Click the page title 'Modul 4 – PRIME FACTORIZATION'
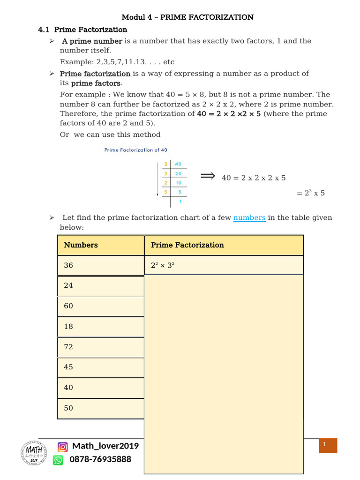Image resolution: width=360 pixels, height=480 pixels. [187, 17]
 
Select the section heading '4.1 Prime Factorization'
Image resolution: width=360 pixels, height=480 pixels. [82, 30]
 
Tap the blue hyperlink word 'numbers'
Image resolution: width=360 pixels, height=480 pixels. [249, 217]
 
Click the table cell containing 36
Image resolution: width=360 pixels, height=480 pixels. [100, 265]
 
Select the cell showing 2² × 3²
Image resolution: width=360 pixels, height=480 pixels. [224, 265]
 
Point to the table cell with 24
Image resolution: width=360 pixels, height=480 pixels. [100, 285]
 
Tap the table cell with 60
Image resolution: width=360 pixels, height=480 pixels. [100, 306]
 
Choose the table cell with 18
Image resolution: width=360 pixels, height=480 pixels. [100, 326]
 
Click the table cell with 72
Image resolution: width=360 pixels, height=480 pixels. [100, 347]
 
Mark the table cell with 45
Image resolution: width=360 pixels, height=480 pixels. [100, 367]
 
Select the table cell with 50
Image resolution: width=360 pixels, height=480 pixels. [100, 408]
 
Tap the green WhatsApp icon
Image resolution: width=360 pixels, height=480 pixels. [58, 460]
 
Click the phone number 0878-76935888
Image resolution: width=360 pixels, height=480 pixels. [100, 459]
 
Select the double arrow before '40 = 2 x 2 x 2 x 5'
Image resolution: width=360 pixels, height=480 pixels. [207, 176]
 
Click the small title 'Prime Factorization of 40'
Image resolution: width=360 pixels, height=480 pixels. [135, 150]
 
